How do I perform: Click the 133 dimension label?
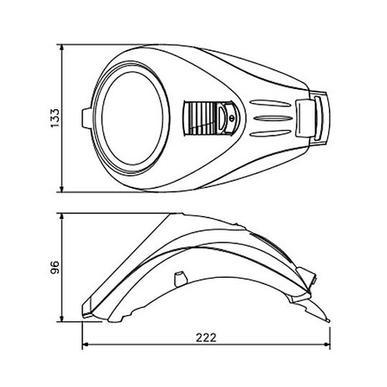pyautogui.click(x=55, y=118)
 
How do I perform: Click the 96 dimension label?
pyautogui.click(x=55, y=267)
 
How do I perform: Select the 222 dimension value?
pyautogui.click(x=206, y=337)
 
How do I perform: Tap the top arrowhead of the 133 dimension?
pyautogui.click(x=61, y=48)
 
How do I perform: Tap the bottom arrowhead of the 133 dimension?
pyautogui.click(x=61, y=189)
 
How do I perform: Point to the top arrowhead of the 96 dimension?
pyautogui.click(x=61, y=217)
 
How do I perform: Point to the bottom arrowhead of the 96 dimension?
pyautogui.click(x=61, y=318)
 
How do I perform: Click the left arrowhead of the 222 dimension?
pyautogui.click(x=86, y=344)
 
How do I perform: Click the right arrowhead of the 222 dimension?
pyautogui.click(x=327, y=344)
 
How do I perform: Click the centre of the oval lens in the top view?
pyautogui.click(x=132, y=118)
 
